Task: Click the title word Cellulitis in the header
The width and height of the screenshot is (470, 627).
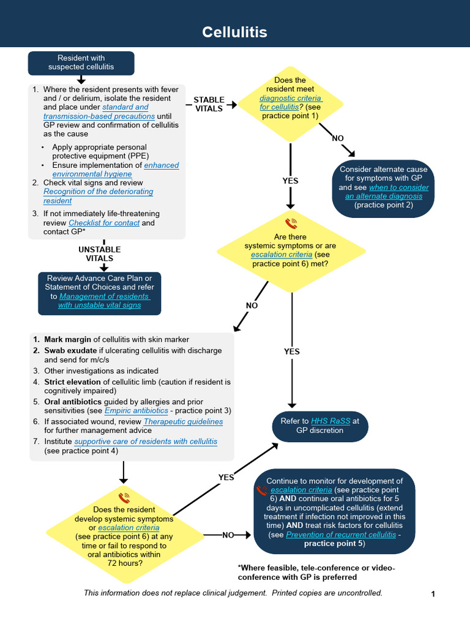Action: point(235,32)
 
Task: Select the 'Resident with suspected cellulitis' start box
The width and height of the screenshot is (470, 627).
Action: point(81,62)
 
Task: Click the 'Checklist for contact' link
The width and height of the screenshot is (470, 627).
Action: point(104,223)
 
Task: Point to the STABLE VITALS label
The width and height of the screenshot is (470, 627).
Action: point(209,104)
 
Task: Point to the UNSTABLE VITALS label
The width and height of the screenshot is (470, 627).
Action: point(99,253)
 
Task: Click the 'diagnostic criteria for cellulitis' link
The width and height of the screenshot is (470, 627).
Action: point(291,102)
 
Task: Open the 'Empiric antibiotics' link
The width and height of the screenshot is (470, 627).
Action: point(133,410)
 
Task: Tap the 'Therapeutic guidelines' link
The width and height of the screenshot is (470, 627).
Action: point(183,421)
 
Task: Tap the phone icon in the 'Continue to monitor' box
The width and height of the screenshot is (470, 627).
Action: point(262,490)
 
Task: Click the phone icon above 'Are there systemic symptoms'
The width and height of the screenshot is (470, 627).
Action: point(291,223)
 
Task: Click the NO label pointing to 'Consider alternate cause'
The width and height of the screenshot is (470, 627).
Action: point(338,138)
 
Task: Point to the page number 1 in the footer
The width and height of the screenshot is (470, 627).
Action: point(433,594)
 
